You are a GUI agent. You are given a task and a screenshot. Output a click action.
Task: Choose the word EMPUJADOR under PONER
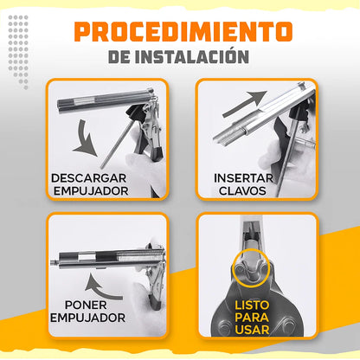click(x=88, y=318)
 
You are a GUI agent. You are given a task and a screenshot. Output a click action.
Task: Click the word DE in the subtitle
click(x=122, y=56)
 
